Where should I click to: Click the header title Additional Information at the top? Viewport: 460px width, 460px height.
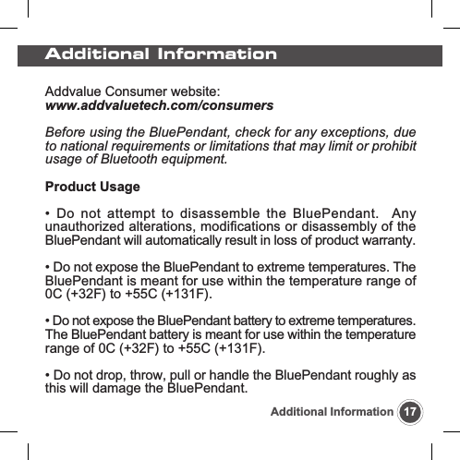tap(162, 54)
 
